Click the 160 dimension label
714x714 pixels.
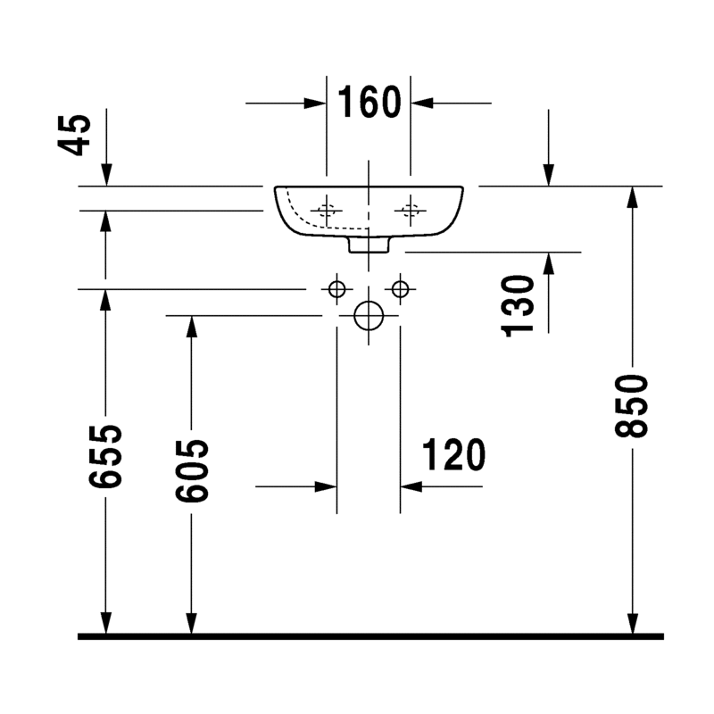[x=369, y=103]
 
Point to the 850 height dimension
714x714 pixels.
[x=632, y=406]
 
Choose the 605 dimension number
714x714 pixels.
[x=190, y=471]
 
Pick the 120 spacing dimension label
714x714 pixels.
[x=452, y=455]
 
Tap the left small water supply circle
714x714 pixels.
[x=336, y=288]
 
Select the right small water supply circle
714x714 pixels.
[x=399, y=288]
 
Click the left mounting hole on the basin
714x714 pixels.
[x=327, y=212]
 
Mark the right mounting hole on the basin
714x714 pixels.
[x=411, y=212]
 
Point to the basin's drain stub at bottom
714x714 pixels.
[x=368, y=245]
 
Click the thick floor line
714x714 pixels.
[x=370, y=636]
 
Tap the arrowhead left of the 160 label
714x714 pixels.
[x=316, y=104]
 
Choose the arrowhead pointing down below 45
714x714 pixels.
[x=106, y=176]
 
